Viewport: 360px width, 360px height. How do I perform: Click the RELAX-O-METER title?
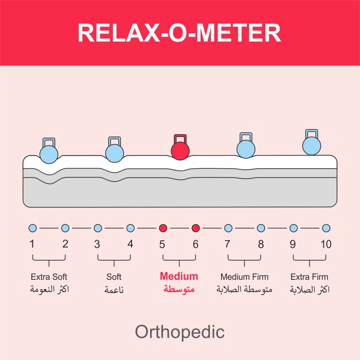[180, 33]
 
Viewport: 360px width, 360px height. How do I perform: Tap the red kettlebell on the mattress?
[180, 149]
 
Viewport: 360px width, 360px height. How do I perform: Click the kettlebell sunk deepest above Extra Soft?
[49, 152]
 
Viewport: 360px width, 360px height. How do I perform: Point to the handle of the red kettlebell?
[180, 138]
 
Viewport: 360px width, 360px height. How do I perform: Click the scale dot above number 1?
[33, 228]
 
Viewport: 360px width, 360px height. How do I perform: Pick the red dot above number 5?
[163, 228]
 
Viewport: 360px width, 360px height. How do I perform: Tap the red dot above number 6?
[196, 228]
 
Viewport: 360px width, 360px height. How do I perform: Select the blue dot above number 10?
[326, 228]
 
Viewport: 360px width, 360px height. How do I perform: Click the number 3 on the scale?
[97, 244]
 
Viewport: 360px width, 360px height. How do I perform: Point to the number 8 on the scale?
[261, 244]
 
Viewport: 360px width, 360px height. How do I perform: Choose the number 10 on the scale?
[326, 244]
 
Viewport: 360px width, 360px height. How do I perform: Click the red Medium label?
[179, 276]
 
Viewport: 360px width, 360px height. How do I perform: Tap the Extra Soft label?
[49, 277]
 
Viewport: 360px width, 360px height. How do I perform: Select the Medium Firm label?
[245, 277]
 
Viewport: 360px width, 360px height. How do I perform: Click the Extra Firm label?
[309, 277]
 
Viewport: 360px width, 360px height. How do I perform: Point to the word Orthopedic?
[180, 332]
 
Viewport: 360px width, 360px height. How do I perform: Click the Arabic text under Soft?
[114, 290]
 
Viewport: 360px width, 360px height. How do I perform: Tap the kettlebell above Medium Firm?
[246, 146]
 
